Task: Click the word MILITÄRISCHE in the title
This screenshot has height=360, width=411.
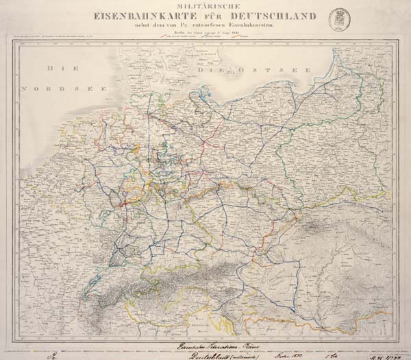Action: (206, 6)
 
